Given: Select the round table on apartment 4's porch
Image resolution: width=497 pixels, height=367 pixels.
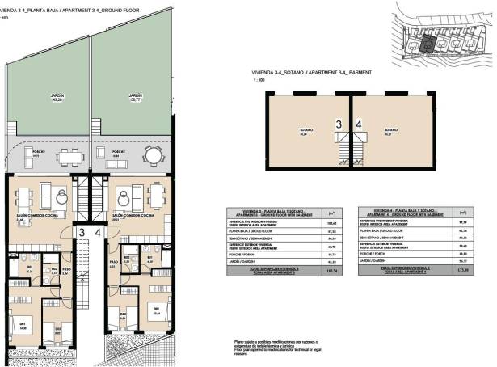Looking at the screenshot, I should [153, 154].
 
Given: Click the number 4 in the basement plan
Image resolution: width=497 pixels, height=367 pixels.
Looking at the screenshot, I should [359, 125].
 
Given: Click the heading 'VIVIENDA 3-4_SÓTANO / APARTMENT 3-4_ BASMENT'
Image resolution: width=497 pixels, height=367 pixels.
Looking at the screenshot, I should [312, 72].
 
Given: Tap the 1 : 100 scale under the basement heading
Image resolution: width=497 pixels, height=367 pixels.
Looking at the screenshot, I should [259, 81].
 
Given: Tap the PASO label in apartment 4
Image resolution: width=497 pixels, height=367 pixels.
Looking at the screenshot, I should [114, 263].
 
